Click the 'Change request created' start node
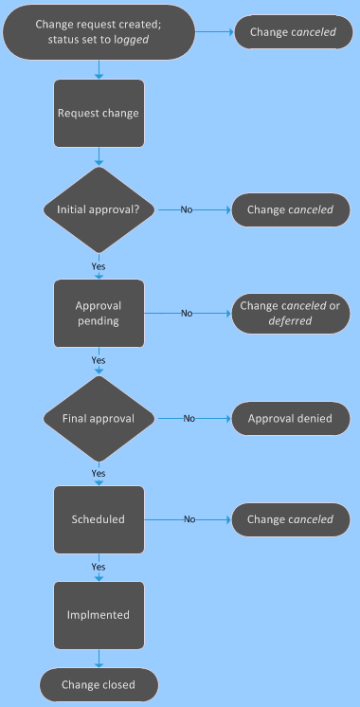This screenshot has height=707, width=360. tap(99, 32)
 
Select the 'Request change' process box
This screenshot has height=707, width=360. tap(99, 113)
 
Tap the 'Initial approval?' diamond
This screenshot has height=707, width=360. tap(99, 209)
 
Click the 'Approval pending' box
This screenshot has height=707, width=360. tap(99, 313)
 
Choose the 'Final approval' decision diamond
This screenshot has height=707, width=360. tap(99, 417)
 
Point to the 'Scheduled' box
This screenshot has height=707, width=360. tap(99, 519)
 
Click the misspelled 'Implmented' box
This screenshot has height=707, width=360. tap(99, 614)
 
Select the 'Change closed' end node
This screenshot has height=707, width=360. tap(99, 684)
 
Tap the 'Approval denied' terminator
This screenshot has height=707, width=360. tap(290, 417)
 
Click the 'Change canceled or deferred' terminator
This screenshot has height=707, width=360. tap(290, 313)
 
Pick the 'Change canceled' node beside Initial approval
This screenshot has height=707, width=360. tap(290, 209)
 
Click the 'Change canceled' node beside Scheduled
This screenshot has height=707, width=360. tap(290, 519)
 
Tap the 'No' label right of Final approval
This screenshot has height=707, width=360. tap(189, 417)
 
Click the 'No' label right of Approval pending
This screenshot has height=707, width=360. tap(187, 313)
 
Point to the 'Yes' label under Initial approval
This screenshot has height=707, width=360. tap(99, 265)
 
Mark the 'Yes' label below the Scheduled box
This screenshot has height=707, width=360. tap(99, 567)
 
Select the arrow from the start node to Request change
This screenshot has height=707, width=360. tap(99, 69)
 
